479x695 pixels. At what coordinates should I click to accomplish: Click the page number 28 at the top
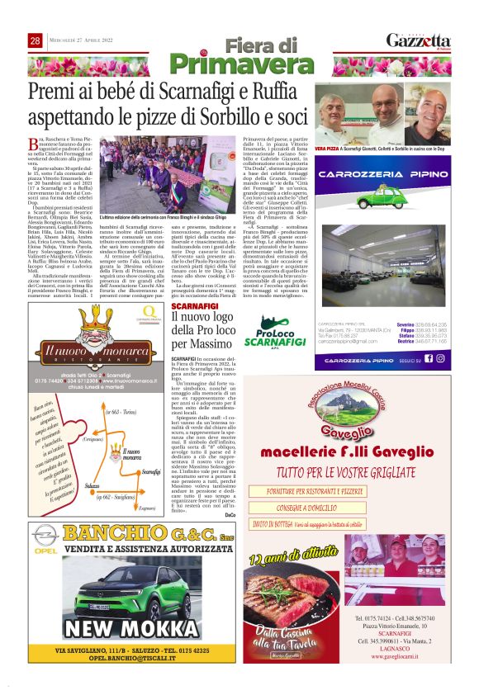pos(35,40)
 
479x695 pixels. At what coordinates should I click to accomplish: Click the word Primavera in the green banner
pos(239,64)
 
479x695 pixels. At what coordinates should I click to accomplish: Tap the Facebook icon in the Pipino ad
pos(429,358)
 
